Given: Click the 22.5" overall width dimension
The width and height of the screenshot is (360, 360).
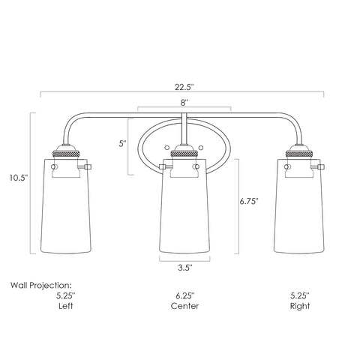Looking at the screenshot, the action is point(184,88).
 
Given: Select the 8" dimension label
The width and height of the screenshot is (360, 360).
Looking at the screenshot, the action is point(184,103).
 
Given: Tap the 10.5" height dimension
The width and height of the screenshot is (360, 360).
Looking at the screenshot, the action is point(19,178).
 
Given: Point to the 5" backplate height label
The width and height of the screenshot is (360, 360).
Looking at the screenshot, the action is point(122,143).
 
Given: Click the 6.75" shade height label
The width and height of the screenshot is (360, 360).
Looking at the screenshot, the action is point(249,201).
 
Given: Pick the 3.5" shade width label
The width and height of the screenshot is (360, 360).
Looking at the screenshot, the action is point(185,268).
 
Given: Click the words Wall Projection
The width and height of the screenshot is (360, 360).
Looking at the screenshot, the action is point(41,286).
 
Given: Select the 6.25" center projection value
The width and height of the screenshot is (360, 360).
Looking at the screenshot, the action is point(185,295).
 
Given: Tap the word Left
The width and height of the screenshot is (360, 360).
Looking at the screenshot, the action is point(66,306).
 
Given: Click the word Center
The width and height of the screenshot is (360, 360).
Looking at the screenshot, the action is point(185,306).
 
